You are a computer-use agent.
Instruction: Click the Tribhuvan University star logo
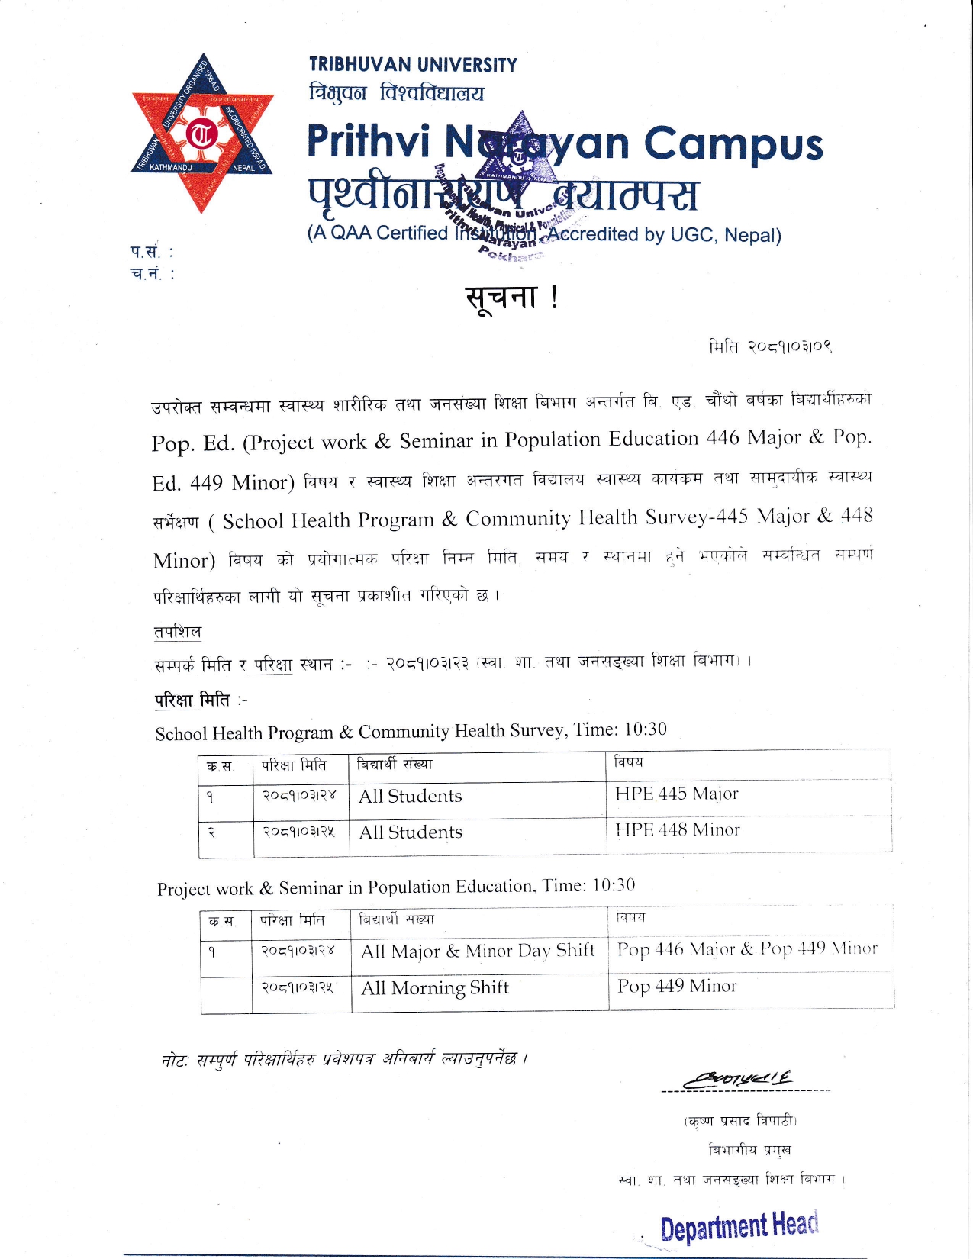pos(202,134)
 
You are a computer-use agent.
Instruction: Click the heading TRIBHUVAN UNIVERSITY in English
pos(413,65)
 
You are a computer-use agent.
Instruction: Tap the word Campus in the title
pos(733,144)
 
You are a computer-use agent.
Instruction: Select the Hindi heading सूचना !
pos(511,297)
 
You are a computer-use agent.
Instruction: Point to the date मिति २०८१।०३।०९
pos(770,347)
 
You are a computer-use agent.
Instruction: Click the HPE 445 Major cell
pos(676,794)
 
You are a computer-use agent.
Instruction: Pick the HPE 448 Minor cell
pos(677,830)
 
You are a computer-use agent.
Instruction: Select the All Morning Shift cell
pos(434,988)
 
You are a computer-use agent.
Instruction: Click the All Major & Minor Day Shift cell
pos(478,951)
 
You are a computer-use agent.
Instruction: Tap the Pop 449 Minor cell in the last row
pos(677,987)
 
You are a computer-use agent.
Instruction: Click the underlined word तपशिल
pos(177,632)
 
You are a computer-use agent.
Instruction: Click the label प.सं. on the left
pos(151,251)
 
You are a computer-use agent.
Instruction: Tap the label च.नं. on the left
pos(152,274)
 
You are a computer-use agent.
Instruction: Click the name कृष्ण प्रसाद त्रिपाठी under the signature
pos(741,1121)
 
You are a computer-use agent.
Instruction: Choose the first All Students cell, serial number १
pos(411,797)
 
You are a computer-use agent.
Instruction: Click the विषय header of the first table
pos(629,762)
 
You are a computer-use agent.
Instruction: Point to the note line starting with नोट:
pos(344,1059)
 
